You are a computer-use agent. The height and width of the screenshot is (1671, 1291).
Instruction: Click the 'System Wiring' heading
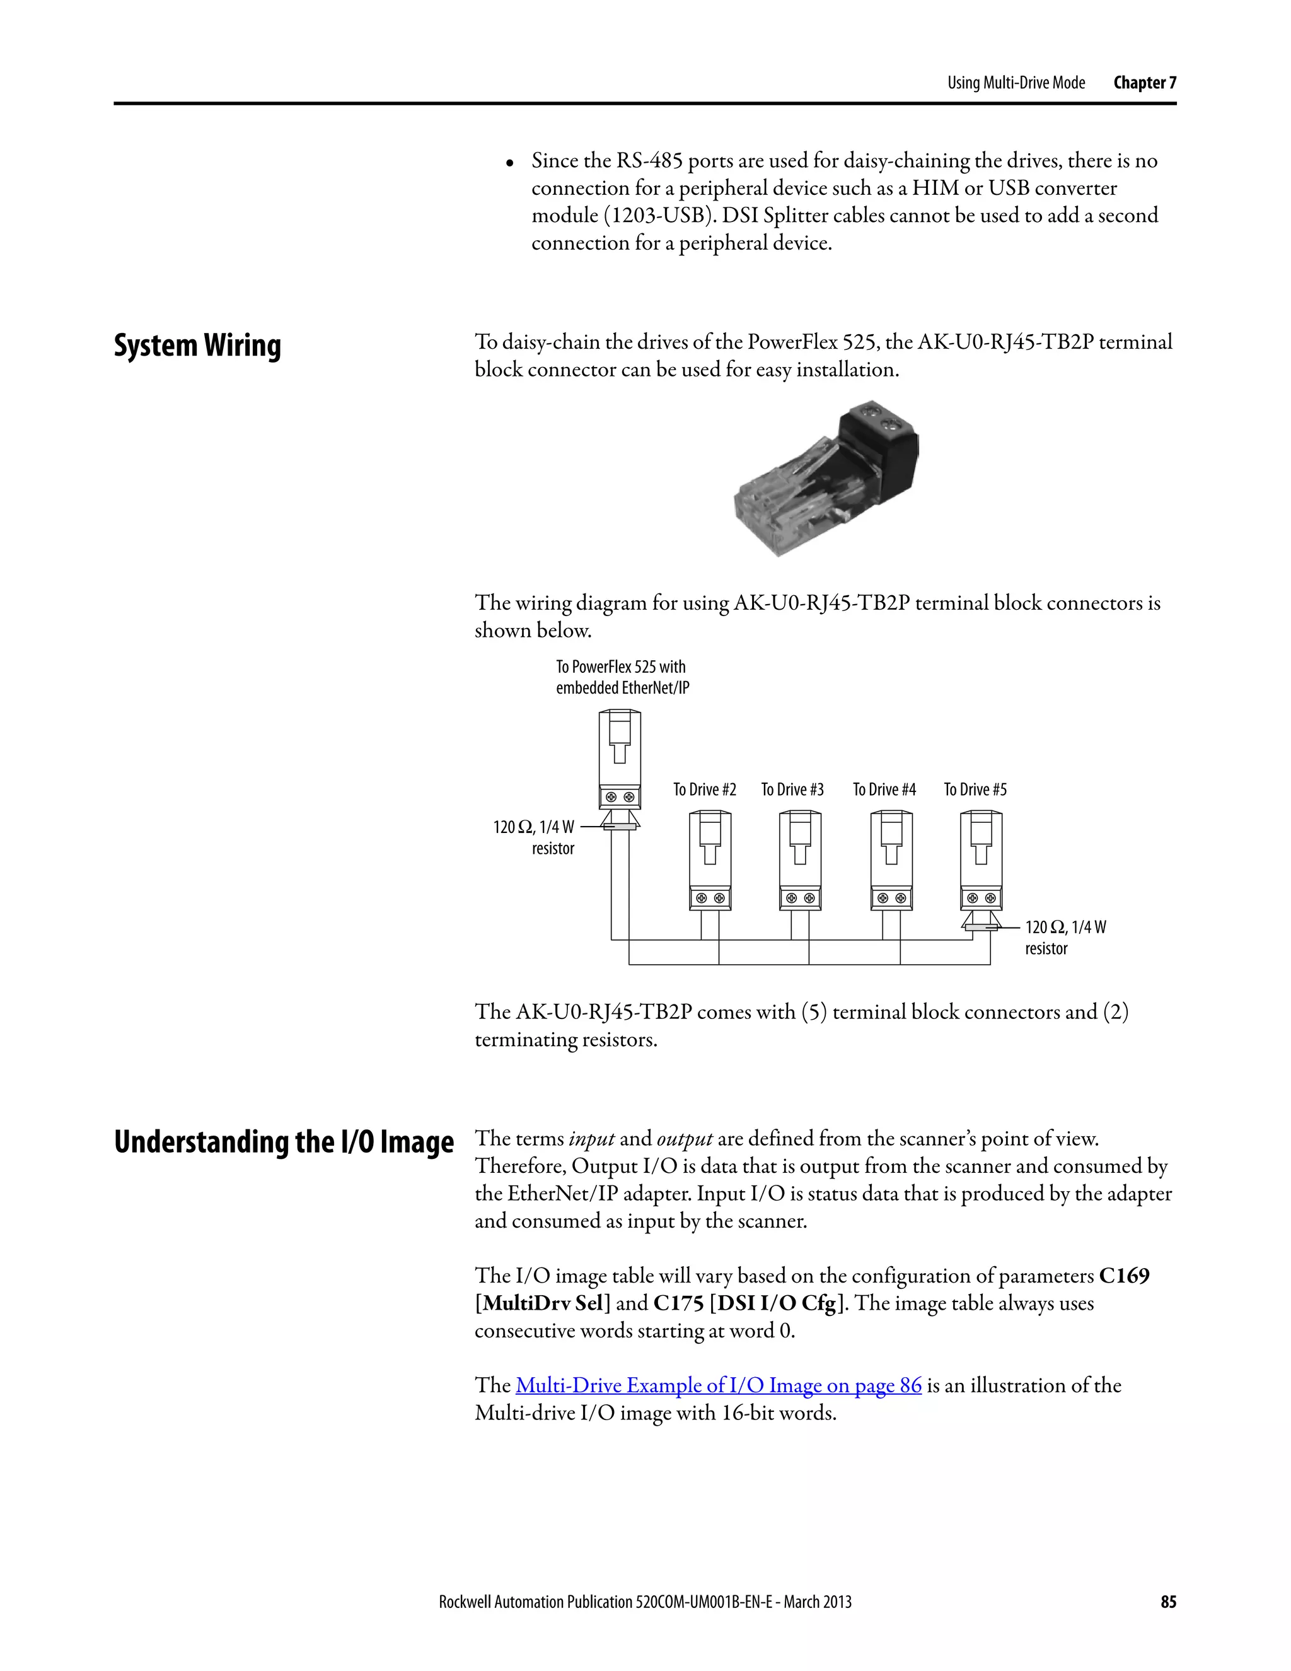(197, 346)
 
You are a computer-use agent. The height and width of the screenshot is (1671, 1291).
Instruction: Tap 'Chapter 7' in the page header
(1144, 83)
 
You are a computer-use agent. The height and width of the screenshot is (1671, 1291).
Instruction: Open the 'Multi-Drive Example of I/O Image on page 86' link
(718, 1385)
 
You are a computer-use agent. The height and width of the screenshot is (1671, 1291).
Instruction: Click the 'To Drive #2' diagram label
(704, 789)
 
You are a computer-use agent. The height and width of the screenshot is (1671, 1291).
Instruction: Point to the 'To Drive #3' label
(792, 789)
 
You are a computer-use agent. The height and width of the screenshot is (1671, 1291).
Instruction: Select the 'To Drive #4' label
(884, 789)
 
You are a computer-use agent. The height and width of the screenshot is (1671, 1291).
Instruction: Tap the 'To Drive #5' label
(975, 789)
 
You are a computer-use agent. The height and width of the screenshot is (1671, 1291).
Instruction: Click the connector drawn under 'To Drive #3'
(800, 861)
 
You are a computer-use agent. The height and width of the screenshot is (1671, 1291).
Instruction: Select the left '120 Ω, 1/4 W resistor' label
(535, 837)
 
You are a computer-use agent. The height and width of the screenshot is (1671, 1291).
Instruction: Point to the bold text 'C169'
(1123, 1276)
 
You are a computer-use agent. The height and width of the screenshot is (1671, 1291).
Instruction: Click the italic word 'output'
(685, 1138)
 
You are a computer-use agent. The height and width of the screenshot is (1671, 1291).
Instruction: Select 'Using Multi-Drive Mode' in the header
(1016, 83)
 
